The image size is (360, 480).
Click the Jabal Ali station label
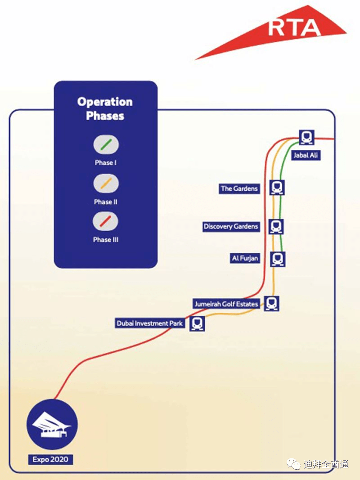pyautogui.click(x=306, y=155)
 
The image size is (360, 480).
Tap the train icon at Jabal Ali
pyautogui.click(x=307, y=137)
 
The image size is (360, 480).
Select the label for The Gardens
pyautogui.click(x=239, y=188)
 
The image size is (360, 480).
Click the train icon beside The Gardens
pyautogui.click(x=277, y=187)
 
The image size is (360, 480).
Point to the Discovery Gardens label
pyautogui.click(x=231, y=227)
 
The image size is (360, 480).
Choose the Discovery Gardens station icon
pyautogui.click(x=276, y=227)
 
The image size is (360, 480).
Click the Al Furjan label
pyautogui.click(x=245, y=258)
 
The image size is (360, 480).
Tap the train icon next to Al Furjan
pyautogui.click(x=278, y=259)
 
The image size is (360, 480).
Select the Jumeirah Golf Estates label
pyautogui.click(x=226, y=304)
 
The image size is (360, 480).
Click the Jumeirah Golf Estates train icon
pyautogui.click(x=271, y=303)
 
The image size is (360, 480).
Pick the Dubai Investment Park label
pyautogui.click(x=150, y=323)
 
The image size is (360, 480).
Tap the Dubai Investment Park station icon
pyautogui.click(x=198, y=323)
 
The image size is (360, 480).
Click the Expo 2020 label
pyautogui.click(x=50, y=459)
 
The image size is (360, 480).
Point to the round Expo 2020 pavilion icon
pyautogui.click(x=52, y=425)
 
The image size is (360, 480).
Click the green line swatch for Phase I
pyautogui.click(x=106, y=144)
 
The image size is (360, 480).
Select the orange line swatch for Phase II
pyautogui.click(x=106, y=184)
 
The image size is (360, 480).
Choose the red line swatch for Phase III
pyautogui.click(x=105, y=221)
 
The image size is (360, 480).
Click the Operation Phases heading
pyautogui.click(x=105, y=109)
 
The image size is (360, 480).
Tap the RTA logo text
pyautogui.click(x=294, y=28)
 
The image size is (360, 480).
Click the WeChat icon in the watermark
pyautogui.click(x=294, y=464)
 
